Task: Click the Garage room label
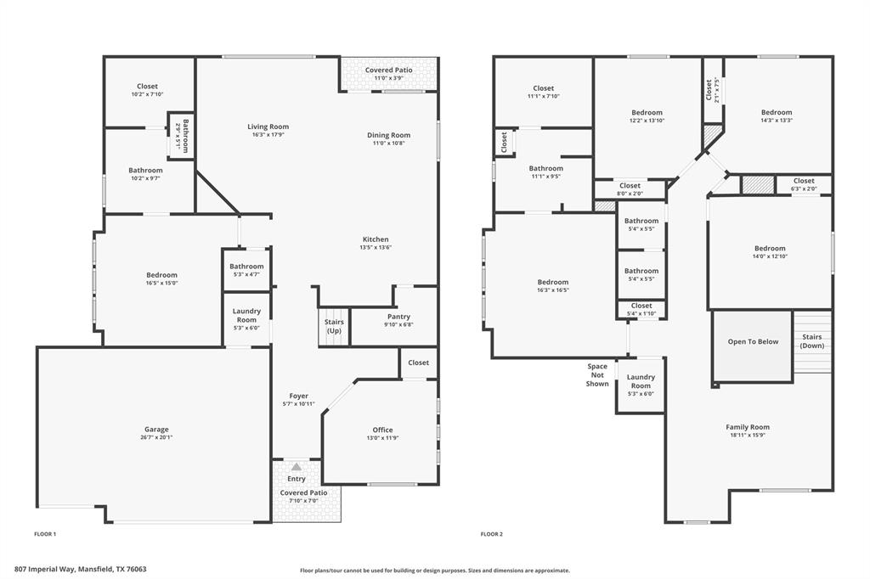155,430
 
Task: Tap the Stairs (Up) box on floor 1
334,326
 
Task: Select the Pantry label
398,317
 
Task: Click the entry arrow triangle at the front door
296,467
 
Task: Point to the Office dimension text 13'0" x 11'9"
382,438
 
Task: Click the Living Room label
268,126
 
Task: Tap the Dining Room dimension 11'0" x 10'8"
388,143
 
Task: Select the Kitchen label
375,239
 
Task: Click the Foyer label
299,396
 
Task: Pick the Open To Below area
753,342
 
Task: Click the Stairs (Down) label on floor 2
812,341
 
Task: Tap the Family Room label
748,427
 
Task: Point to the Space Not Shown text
597,375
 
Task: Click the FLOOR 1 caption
44,534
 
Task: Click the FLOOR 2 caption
491,534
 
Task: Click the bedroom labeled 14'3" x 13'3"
777,116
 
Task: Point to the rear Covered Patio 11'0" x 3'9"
388,74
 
